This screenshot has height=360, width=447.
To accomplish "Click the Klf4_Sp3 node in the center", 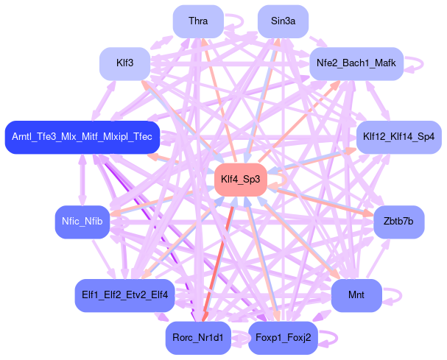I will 241,179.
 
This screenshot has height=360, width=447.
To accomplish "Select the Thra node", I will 197,21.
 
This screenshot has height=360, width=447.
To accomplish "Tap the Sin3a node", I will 283,21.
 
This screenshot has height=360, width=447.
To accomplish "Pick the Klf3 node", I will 124,63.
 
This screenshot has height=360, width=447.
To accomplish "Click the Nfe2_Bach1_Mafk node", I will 356,63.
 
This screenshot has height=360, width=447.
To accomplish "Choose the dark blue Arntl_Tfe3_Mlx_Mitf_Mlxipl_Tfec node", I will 82,137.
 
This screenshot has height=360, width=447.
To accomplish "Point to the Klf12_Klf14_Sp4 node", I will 398,137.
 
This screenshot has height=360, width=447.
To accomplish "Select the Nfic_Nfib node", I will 82,222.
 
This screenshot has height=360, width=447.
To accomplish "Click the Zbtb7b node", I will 398,222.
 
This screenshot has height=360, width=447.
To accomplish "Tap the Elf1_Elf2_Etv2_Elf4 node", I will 122,295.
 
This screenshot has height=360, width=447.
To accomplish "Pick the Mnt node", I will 356,295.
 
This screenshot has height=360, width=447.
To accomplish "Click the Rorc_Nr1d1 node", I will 199,338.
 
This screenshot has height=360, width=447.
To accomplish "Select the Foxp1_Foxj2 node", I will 283,338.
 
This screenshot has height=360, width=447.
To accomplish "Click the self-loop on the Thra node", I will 235,21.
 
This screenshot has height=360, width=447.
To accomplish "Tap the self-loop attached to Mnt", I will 393,295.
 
